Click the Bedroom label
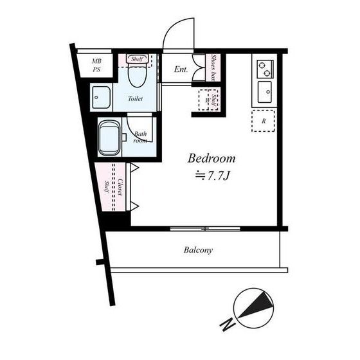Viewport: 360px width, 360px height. point(212,159)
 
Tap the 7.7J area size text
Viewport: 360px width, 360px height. point(212,176)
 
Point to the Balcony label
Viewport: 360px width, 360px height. point(198,250)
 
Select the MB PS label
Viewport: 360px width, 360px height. point(96,65)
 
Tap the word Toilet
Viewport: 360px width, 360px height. point(135,99)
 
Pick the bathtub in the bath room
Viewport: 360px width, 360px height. point(109,138)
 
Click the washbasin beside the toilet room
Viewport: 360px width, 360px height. point(102,97)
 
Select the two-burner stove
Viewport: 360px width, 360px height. point(265,69)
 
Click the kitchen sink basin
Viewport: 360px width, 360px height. point(265,92)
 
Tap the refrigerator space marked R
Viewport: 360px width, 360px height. point(263,121)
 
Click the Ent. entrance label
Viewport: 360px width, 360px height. point(181,69)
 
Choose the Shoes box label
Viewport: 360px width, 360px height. point(213,67)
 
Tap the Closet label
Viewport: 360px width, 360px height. point(120,187)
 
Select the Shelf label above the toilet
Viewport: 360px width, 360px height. point(138,59)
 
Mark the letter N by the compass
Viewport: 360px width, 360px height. point(228,325)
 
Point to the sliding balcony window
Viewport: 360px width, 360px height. point(205,229)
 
